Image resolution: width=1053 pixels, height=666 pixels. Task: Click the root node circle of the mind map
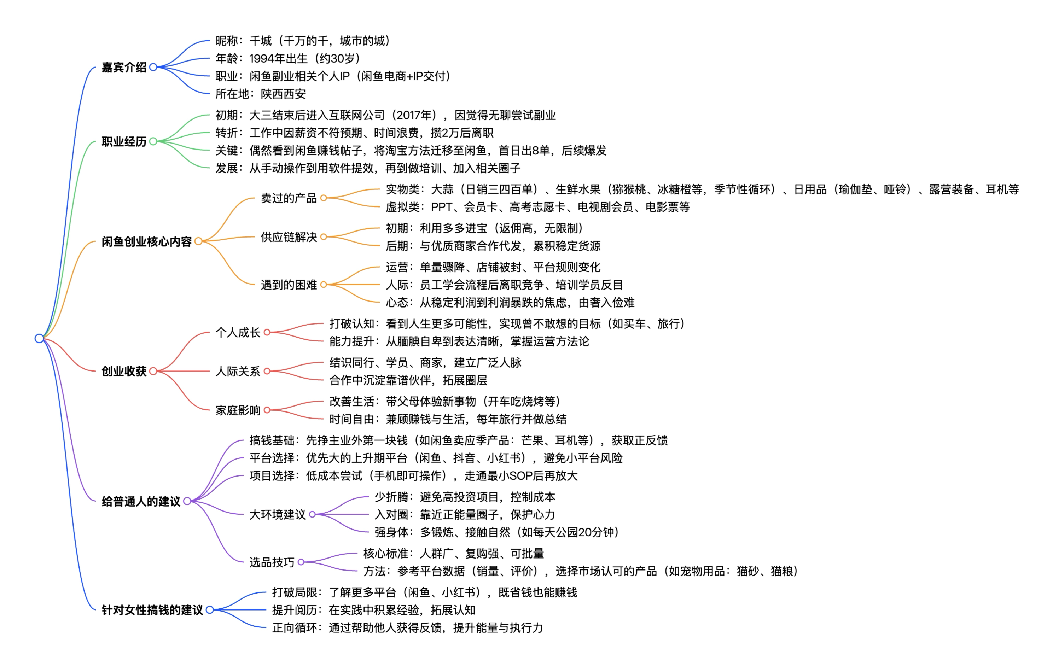click(x=39, y=338)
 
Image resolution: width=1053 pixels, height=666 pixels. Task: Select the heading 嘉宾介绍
click(x=124, y=68)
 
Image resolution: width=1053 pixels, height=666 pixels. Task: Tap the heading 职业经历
click(x=124, y=142)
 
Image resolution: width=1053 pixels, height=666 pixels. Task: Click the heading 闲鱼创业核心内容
click(x=146, y=241)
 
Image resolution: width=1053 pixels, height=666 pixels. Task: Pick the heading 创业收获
click(x=124, y=371)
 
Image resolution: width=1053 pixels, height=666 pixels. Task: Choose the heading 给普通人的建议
click(x=141, y=501)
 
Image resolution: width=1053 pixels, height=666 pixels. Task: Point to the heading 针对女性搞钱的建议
click(x=152, y=609)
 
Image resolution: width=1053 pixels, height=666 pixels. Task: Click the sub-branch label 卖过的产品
click(x=289, y=198)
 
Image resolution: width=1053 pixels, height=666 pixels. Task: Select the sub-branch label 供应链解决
click(x=289, y=237)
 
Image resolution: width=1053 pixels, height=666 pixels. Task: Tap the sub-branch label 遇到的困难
click(x=289, y=285)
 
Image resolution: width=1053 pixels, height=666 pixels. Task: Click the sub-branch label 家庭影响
click(x=238, y=410)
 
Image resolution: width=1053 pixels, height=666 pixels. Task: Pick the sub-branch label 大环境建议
click(x=277, y=514)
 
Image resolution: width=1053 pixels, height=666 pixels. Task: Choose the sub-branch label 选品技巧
click(x=272, y=562)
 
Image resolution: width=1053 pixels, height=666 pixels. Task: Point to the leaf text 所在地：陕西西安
click(x=260, y=94)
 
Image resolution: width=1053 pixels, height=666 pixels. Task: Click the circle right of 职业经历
click(x=153, y=142)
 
